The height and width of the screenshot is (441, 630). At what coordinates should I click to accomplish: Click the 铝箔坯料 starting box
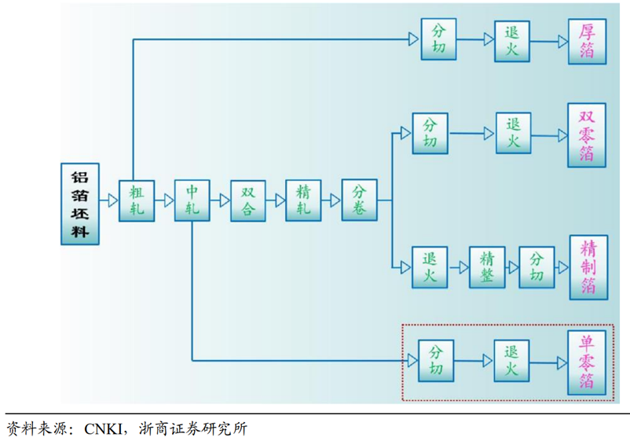tap(81, 204)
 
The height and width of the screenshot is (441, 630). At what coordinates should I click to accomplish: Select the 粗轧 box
tap(137, 200)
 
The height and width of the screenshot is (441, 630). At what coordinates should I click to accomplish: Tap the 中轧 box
tap(192, 200)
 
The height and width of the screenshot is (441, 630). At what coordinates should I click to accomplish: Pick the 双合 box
tap(247, 200)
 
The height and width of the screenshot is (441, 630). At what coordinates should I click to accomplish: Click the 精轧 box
tap(303, 200)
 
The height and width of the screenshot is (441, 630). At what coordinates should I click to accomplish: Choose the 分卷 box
tap(359, 200)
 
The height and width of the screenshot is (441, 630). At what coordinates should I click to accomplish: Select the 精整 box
tap(487, 267)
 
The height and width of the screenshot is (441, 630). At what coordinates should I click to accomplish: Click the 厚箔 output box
tap(587, 42)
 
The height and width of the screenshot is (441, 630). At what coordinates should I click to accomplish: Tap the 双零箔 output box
tap(587, 134)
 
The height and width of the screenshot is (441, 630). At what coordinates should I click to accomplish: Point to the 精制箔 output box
tap(587, 267)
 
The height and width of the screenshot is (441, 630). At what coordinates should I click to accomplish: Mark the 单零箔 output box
tap(587, 362)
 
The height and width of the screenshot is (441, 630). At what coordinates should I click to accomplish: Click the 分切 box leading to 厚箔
tap(438, 39)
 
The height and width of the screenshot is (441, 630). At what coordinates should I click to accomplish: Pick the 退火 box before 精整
tap(430, 267)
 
